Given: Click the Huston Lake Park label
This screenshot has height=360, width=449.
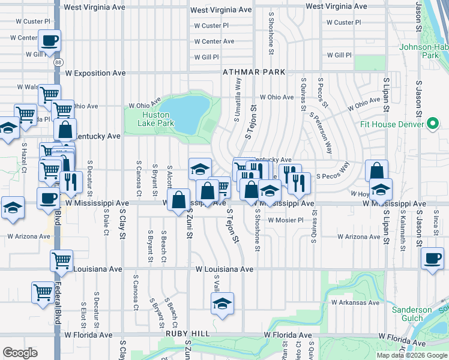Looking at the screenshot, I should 158,119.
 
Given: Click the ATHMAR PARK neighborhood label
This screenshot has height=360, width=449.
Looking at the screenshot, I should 254,72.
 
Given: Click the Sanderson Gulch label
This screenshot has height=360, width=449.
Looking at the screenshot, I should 412,314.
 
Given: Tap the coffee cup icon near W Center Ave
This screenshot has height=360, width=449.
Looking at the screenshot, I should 49,41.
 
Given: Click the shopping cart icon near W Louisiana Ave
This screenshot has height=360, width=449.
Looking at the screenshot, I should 61,260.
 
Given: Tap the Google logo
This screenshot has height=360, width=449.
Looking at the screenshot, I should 20,353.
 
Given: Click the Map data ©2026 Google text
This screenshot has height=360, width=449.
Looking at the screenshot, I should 412,355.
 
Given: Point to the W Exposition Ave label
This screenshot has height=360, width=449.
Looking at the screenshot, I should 94,73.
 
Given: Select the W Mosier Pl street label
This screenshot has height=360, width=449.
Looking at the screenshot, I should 286,220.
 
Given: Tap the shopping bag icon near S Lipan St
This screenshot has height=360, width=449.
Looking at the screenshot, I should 376,170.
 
